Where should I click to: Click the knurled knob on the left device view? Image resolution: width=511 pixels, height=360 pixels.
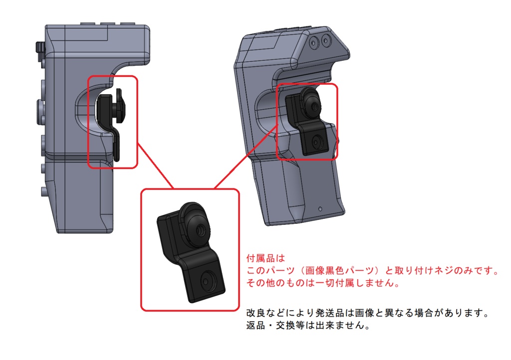click(39, 50)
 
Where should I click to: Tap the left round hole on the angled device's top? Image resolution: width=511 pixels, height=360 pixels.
click(314, 42)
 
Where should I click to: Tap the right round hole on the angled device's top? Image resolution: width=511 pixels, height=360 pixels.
click(325, 40)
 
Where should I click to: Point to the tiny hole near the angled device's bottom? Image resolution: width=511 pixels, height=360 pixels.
click(320, 208)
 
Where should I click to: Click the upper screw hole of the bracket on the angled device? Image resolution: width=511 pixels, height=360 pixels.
click(314, 106)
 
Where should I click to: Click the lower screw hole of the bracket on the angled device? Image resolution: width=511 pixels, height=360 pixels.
click(316, 142)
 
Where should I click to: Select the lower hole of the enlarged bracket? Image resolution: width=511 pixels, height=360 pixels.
click(206, 281)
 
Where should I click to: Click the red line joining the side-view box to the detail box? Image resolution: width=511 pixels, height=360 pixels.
click(155, 166)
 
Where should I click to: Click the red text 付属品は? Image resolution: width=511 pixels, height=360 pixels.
click(265, 258)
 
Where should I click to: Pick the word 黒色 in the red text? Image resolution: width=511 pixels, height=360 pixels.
click(335, 270)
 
